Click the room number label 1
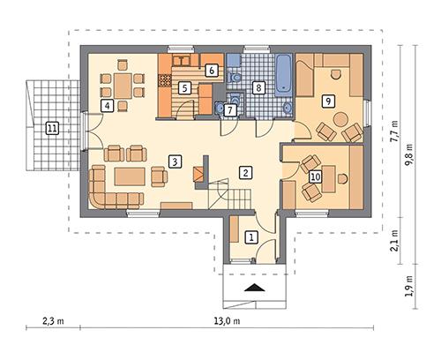[250, 236]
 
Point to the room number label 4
[107, 106]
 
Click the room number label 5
[184, 87]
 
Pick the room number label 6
[212, 70]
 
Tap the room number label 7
[230, 110]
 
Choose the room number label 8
[258, 87]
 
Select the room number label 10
[315, 177]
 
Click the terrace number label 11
[52, 128]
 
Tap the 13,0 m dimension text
[217, 320]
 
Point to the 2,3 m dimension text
[53, 320]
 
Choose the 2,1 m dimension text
[394, 242]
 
